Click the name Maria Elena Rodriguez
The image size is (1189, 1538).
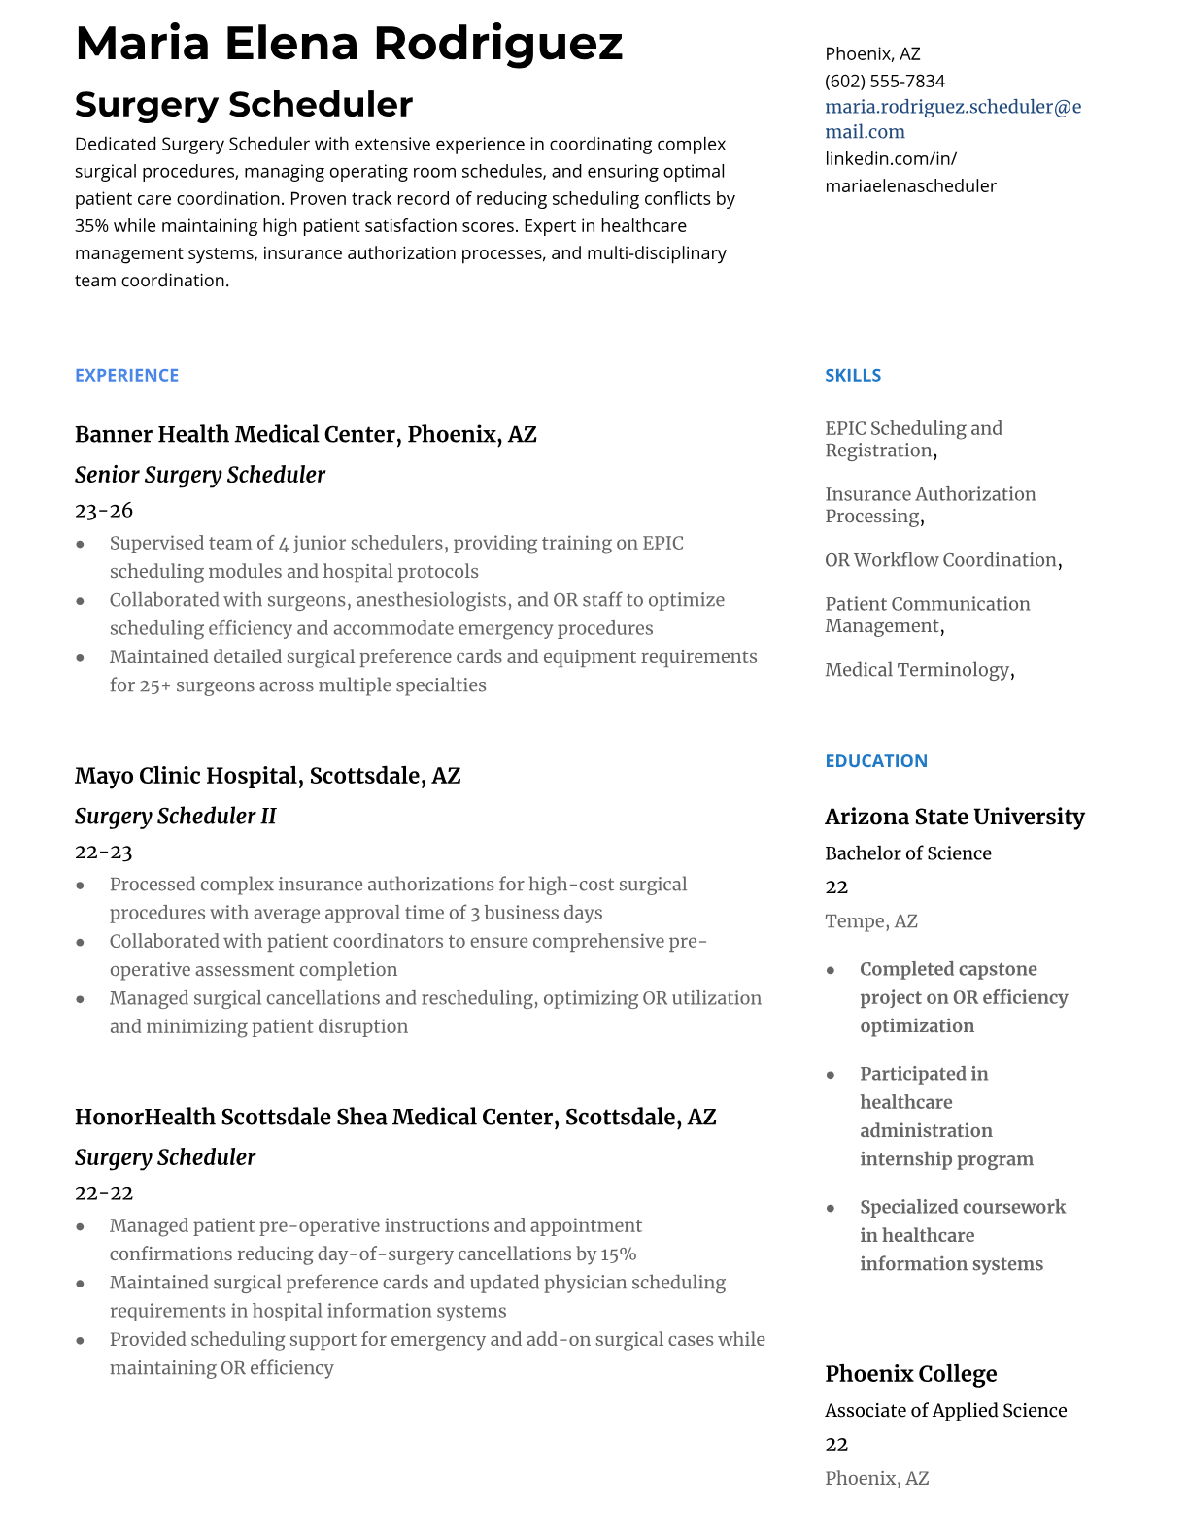coord(349,44)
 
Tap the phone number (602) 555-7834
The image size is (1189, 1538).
coord(884,81)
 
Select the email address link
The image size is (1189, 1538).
coord(952,118)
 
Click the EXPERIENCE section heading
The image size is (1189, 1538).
coord(126,375)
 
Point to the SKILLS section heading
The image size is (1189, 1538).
coord(852,375)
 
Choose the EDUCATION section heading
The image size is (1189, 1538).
coord(875,760)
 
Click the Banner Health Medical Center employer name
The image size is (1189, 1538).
coord(305,434)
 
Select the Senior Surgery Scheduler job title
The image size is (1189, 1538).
coord(199,475)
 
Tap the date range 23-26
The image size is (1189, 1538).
coord(103,510)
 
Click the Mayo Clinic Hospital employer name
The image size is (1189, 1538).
coord(267,776)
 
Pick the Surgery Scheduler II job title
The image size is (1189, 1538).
coord(175,817)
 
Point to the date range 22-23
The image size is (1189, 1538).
coord(103,852)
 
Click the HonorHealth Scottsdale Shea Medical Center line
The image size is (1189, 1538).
coord(394,1117)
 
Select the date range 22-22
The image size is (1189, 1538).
coord(103,1192)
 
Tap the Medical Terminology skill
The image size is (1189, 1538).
coord(918,670)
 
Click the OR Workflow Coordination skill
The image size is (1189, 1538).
coord(941,560)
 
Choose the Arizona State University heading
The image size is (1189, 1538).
coord(954,817)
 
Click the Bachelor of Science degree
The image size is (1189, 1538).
coord(907,853)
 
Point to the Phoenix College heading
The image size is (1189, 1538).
coord(910,1374)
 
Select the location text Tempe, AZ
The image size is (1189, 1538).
coord(870,920)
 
